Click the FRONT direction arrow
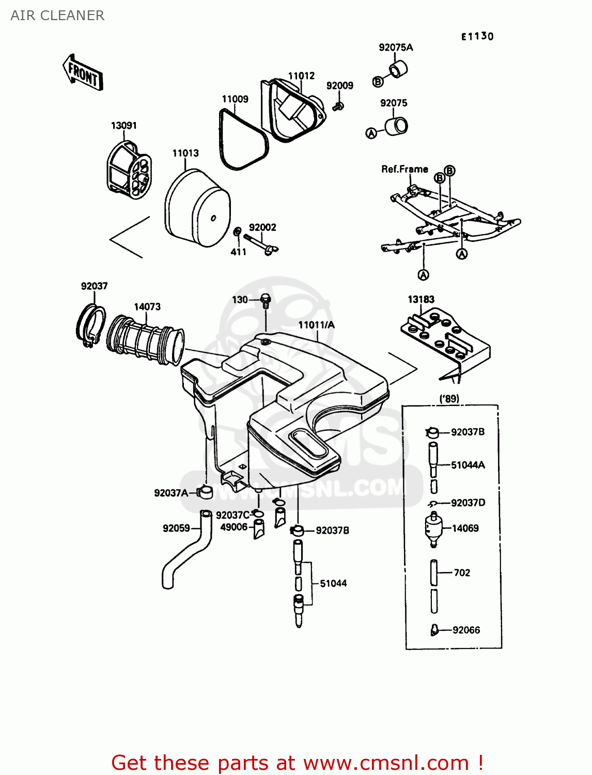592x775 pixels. [x=83, y=73]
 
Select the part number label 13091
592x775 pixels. [x=123, y=126]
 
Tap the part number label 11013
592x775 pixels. [x=185, y=153]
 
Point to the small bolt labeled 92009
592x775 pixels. [x=338, y=106]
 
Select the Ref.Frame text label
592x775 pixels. [x=404, y=169]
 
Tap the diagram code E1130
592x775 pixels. [x=477, y=36]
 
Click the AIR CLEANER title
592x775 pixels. [x=57, y=16]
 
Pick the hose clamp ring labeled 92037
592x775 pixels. [x=91, y=326]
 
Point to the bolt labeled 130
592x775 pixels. [x=266, y=300]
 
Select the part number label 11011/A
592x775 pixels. [x=316, y=324]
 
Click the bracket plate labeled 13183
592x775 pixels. [x=444, y=341]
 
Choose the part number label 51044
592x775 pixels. [x=333, y=583]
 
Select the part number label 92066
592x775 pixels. [x=466, y=630]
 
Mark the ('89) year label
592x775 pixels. [x=449, y=398]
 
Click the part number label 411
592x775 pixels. [x=238, y=252]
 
